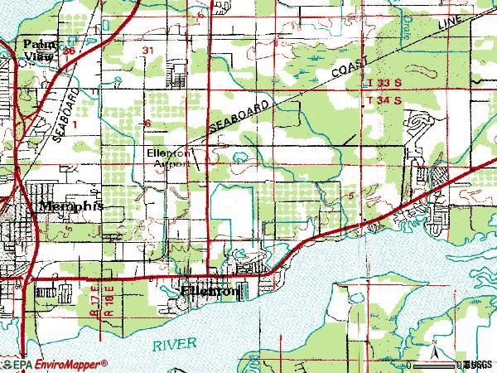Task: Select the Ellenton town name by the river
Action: (x=210, y=292)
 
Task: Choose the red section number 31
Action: (x=148, y=51)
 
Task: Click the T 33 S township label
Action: (x=384, y=85)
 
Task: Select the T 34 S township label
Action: (x=384, y=99)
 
